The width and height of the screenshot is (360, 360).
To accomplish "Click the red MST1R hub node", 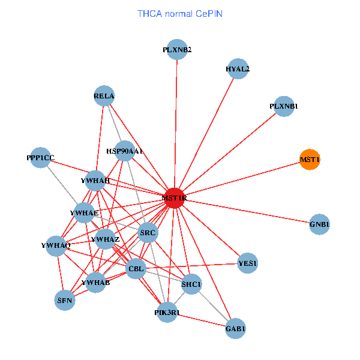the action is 174,198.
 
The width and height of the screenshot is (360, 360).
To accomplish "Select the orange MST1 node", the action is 310,160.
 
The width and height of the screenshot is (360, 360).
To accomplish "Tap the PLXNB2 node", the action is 177,50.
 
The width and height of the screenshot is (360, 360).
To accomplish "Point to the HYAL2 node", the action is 238,69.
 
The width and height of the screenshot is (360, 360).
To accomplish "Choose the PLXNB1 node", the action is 284,106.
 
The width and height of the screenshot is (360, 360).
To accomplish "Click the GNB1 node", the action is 320,224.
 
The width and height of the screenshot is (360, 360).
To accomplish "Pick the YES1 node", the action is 247,263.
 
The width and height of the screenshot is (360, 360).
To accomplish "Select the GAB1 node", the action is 236,329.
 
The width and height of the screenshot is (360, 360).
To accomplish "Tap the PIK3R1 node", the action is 167,312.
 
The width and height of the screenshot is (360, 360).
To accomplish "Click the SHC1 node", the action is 191,284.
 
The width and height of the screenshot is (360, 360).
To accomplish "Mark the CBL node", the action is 136,269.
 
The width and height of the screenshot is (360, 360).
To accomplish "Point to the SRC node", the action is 148,232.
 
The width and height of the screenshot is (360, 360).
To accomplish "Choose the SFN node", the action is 64,300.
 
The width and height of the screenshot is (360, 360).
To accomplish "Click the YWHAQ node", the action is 56,245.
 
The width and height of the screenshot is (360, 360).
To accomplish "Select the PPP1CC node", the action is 40,157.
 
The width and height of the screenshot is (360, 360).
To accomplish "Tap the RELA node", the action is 104,95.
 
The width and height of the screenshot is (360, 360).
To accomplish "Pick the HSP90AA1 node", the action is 124,151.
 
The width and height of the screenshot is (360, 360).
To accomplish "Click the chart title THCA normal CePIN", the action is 180,13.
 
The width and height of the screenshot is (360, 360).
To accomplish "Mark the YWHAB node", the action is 96,282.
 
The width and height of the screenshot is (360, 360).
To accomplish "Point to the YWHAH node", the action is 95,180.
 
